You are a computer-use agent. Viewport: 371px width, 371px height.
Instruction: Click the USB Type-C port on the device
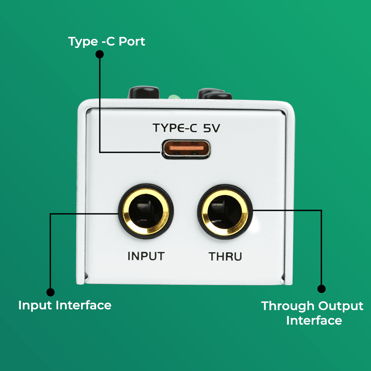[x=186, y=149]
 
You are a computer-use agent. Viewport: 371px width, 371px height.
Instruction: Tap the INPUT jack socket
[x=146, y=211]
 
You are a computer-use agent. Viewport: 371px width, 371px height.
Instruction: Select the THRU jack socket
[x=225, y=212]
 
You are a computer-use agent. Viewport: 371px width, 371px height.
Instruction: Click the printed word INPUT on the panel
[x=146, y=256]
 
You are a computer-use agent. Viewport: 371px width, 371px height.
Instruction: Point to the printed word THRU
[x=225, y=257]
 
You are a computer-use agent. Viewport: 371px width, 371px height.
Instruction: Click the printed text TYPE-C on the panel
[x=175, y=128]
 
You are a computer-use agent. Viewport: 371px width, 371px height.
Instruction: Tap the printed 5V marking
[x=212, y=128]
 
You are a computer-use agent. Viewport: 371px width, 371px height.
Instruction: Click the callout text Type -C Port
[x=106, y=42]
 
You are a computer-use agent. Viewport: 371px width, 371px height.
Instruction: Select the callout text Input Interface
[x=65, y=305]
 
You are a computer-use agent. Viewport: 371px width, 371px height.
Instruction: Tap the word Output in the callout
[x=341, y=306]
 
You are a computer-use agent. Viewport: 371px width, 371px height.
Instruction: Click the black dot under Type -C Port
[x=100, y=54]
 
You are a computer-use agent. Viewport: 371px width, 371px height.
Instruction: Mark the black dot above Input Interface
[x=50, y=292]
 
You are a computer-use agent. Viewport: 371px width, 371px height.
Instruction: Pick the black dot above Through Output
[x=321, y=289]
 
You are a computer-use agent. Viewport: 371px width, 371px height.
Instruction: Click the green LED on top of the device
[x=175, y=97]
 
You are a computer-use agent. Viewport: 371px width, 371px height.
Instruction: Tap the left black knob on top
[x=144, y=92]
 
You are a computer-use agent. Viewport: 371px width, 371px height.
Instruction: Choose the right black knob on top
[x=215, y=94]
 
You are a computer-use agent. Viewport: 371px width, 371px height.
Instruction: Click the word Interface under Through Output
[x=314, y=321]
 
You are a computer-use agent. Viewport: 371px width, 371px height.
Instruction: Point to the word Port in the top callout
[x=132, y=42]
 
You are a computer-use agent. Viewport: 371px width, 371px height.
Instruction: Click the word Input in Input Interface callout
[x=35, y=305]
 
